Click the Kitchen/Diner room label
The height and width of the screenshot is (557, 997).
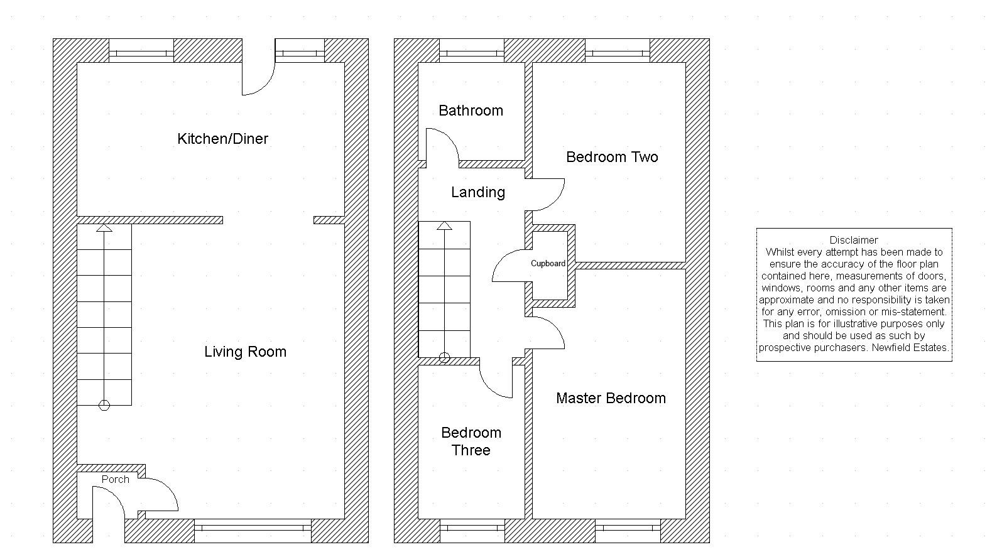click(x=222, y=139)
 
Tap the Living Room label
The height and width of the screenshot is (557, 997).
click(x=245, y=352)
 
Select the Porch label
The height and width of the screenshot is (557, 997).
click(x=116, y=480)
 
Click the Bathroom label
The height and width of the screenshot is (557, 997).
click(x=471, y=111)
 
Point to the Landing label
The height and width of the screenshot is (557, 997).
click(x=477, y=192)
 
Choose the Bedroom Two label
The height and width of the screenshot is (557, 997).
click(x=611, y=157)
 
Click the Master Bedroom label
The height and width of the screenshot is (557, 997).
click(x=611, y=398)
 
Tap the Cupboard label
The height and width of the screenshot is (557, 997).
click(x=548, y=264)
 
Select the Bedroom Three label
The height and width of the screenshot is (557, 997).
click(x=471, y=441)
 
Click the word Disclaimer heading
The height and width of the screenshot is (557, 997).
click(x=854, y=240)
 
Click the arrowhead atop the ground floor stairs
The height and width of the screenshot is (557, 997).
click(x=104, y=228)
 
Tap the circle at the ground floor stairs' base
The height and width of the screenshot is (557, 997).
click(x=104, y=406)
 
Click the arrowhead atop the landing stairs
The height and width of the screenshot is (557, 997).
click(x=444, y=225)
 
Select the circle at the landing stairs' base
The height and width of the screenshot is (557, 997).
click(x=444, y=358)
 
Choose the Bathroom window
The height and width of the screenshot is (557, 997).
click(x=472, y=51)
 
